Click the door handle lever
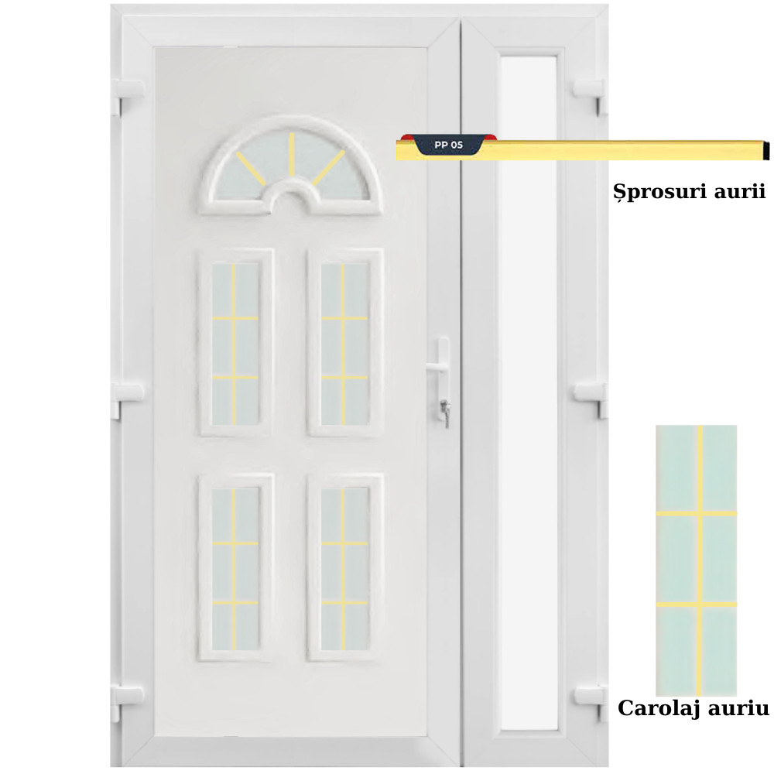point(437,366)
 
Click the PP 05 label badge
point(448,145)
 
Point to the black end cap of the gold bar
point(765,150)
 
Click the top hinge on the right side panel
point(591,97)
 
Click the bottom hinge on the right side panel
point(591,702)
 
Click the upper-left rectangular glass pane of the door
point(235,344)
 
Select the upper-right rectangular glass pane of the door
point(344,344)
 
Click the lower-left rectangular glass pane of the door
point(235,569)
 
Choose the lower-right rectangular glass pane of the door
point(344,569)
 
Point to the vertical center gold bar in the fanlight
point(292,154)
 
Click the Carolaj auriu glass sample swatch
point(696,560)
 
